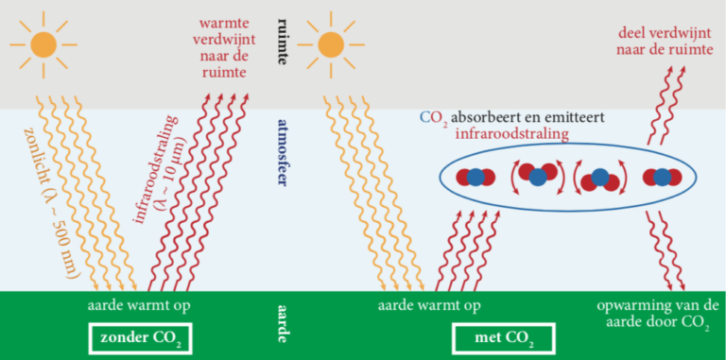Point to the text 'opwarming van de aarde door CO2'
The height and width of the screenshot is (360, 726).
[x=660, y=317]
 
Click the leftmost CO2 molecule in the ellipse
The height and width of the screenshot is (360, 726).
[x=477, y=177]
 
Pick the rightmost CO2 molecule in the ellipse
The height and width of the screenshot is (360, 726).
[x=662, y=177]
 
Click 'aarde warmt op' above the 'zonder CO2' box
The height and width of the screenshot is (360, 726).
[x=140, y=306]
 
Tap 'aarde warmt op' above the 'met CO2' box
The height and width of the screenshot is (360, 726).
[x=430, y=306]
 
